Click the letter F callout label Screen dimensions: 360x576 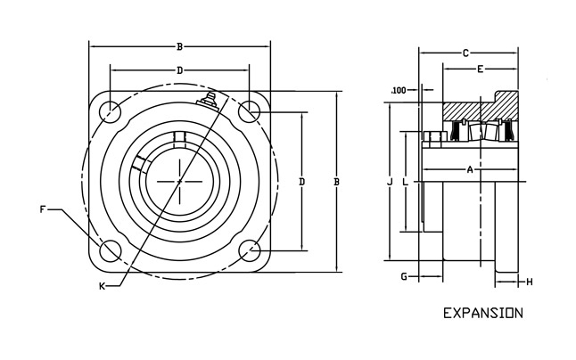pos(43,209)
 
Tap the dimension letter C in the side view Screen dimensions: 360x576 pos(465,53)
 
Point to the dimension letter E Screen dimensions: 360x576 pos(480,70)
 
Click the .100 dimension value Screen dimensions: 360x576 pos(399,90)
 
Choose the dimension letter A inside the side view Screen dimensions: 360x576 pos(469,169)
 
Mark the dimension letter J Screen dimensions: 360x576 pos(390,182)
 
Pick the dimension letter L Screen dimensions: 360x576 pos(406,182)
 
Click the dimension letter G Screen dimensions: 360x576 pos(403,277)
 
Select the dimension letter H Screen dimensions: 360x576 pos(529,282)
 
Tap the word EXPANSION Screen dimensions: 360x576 pos(482,314)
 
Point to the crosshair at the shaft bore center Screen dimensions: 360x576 pos(179,181)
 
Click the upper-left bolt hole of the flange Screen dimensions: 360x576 pos(111,111)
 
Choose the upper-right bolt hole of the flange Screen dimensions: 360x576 pos(249,111)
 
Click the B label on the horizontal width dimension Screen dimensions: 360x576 pos(180,46)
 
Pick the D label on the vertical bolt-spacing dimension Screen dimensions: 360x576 pos(302,182)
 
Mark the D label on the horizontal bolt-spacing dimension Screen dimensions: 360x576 pos(179,70)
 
